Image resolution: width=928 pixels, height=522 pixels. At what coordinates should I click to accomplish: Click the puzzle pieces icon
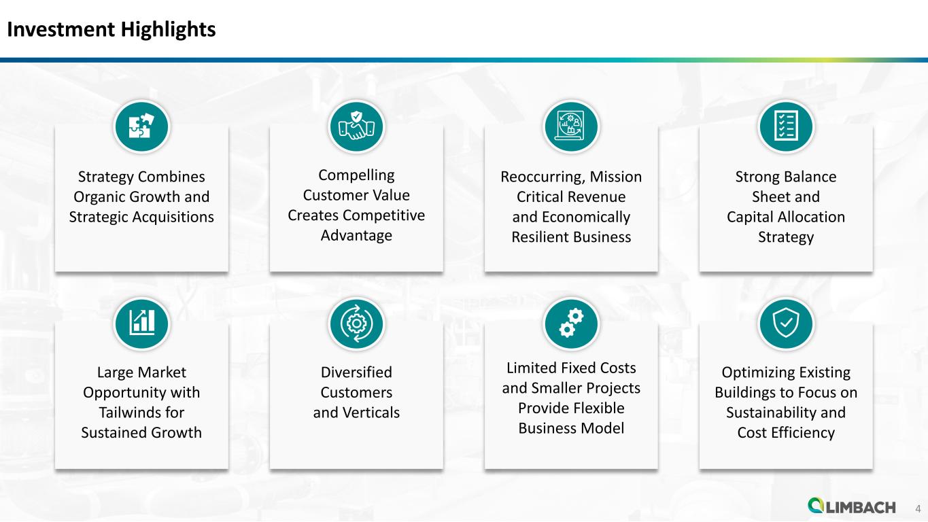(141, 126)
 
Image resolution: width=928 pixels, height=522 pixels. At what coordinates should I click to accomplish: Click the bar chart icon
(141, 322)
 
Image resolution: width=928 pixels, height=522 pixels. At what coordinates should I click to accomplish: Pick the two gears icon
(571, 323)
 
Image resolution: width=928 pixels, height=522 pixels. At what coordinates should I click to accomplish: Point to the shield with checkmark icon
(786, 323)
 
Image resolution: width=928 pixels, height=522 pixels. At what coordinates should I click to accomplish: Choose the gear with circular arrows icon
(356, 323)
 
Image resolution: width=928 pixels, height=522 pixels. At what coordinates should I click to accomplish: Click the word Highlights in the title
(168, 30)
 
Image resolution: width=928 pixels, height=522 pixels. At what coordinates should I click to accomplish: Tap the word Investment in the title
(61, 29)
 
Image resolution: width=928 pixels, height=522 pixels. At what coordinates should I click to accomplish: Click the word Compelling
(356, 175)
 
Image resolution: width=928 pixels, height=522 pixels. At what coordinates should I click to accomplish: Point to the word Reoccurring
(543, 177)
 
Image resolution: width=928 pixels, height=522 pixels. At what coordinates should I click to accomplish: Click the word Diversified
(356, 372)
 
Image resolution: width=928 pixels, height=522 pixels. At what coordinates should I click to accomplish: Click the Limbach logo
(852, 506)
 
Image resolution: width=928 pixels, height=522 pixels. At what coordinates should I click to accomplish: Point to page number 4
(918, 508)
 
